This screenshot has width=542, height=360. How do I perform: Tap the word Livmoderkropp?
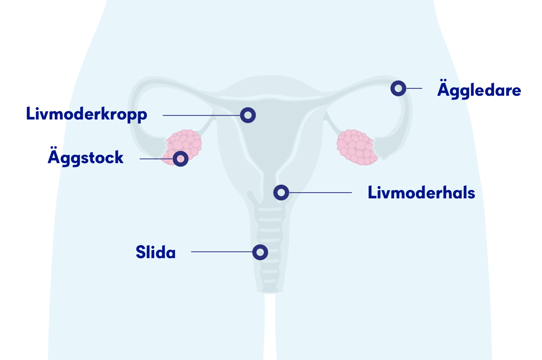[87, 115]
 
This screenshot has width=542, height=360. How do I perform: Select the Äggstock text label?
[86, 157]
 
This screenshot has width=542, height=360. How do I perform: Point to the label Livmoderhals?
[421, 193]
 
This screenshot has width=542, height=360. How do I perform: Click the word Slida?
[156, 252]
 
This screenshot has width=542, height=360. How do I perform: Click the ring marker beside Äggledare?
[398, 88]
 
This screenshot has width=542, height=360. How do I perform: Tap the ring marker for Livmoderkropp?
[248, 115]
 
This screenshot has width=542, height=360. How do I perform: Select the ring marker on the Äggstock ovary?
[180, 159]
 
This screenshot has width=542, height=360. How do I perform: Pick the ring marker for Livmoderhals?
[281, 192]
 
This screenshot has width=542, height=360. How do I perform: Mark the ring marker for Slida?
[260, 252]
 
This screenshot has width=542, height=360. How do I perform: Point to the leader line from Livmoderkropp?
[201, 115]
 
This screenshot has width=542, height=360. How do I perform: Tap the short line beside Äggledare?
[414, 88]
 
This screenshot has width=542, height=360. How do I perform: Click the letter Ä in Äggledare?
[442, 89]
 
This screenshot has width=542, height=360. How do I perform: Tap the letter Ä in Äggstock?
[53, 156]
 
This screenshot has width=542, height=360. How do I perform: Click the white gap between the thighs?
[270, 329]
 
